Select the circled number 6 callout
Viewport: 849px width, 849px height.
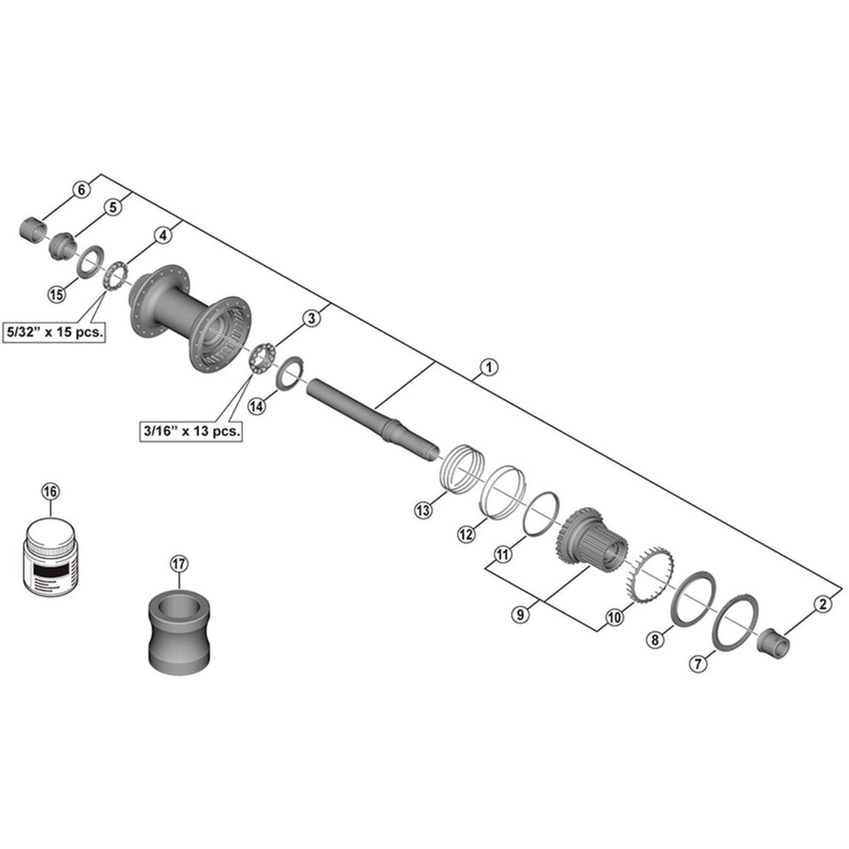[81, 190]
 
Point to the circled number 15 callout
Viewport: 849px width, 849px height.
[56, 294]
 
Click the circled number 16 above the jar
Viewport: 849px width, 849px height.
[51, 492]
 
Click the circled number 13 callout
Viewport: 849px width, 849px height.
[424, 510]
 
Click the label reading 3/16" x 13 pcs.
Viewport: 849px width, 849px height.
[192, 431]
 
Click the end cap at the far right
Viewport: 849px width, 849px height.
[772, 642]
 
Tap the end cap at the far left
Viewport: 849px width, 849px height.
[33, 226]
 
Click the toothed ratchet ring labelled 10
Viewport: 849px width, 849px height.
[645, 575]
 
